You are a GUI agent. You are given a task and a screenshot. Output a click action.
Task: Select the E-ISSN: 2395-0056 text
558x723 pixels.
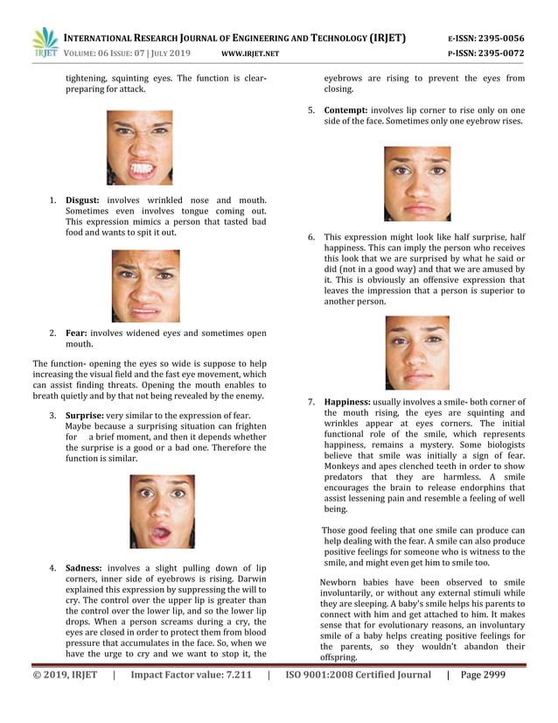coord(485,38)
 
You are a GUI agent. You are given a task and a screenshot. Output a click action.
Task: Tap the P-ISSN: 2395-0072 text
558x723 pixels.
coord(485,53)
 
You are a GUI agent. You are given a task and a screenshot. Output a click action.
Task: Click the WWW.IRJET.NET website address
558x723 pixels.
coord(251,54)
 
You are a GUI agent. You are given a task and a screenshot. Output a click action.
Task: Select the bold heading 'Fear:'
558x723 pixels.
coord(75,333)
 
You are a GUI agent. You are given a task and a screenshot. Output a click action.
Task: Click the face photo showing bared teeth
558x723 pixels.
coord(140,147)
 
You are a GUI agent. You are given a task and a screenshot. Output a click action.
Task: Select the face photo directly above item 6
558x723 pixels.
coord(417,183)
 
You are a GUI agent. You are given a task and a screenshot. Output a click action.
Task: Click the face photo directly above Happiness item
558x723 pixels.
coord(417,352)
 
